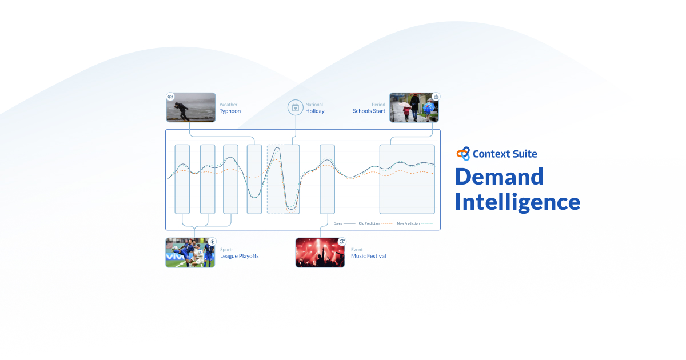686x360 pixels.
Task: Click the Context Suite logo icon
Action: pyautogui.click(x=463, y=154)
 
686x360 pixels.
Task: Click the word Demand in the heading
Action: pyautogui.click(x=499, y=177)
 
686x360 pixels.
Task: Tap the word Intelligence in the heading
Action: pyautogui.click(x=517, y=202)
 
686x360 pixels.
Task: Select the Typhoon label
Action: pyautogui.click(x=230, y=111)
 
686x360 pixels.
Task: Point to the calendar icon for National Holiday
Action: pyautogui.click(x=296, y=107)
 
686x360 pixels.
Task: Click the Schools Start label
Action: pyautogui.click(x=369, y=111)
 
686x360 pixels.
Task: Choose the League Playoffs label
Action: pyautogui.click(x=239, y=256)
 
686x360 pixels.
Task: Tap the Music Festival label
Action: pyautogui.click(x=368, y=256)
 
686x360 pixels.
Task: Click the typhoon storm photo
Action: pyautogui.click(x=191, y=107)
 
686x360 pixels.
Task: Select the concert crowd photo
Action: pyautogui.click(x=320, y=253)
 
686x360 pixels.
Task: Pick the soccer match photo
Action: pyautogui.click(x=190, y=253)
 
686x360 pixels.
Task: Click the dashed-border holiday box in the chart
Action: pyautogui.click(x=283, y=179)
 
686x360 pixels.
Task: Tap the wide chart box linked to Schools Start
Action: pyautogui.click(x=407, y=179)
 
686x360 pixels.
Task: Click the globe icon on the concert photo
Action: pyautogui.click(x=342, y=242)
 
